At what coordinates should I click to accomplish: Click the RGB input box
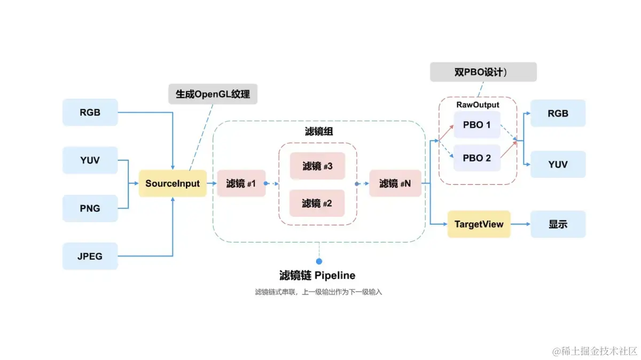coord(90,113)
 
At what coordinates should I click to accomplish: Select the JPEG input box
coord(90,256)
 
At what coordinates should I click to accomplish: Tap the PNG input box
coord(90,208)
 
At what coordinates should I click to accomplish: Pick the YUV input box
coord(90,160)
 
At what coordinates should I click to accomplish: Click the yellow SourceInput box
coord(173,183)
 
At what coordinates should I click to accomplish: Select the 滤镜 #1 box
coord(241,183)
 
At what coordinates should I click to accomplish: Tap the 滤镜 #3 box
coord(317,166)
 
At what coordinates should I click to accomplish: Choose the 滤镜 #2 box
coord(317,203)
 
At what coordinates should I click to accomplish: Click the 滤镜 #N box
coord(395,183)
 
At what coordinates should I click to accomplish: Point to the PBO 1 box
coord(477,125)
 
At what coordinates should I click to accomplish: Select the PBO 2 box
coord(477,158)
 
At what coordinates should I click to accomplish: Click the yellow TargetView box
coord(479,224)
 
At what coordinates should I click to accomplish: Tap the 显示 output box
coord(558,224)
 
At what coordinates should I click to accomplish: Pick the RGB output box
coord(558,113)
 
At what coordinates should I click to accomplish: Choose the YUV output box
coord(558,165)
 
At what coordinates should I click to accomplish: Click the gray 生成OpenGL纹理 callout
coord(213,94)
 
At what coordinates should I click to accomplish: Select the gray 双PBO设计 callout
coord(483,72)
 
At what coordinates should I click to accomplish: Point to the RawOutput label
coord(478,105)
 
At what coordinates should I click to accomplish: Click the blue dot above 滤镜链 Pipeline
coord(319,261)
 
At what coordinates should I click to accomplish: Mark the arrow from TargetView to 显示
coord(520,224)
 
